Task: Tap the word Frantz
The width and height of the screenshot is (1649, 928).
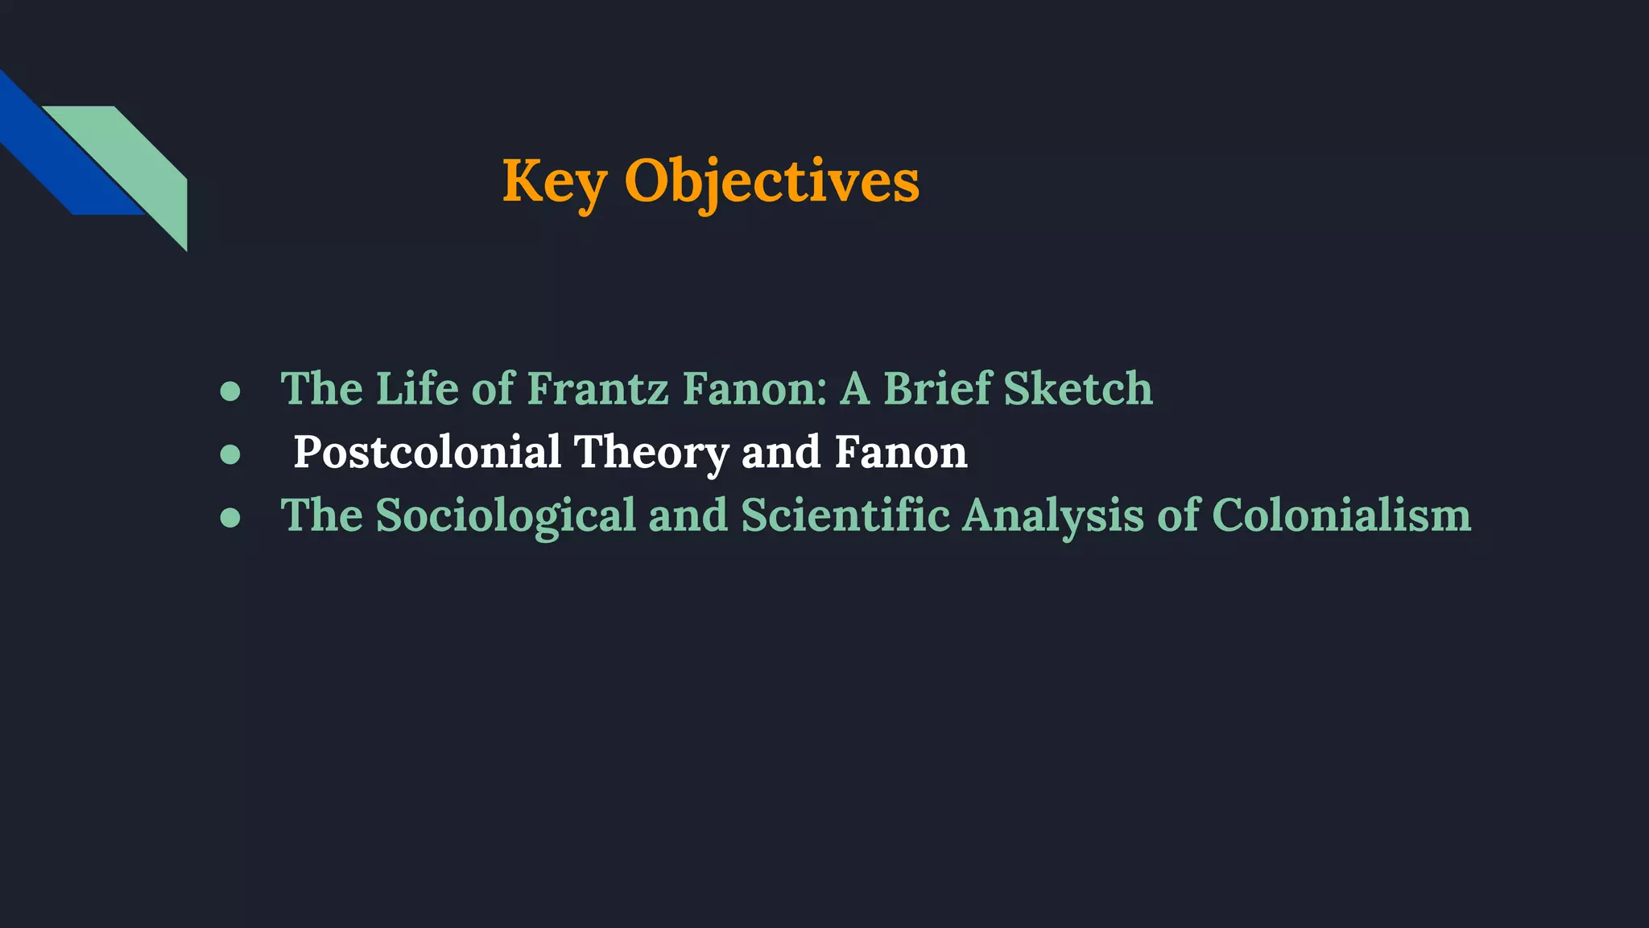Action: [x=597, y=389]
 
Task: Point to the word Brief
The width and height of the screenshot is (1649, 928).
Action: [x=937, y=389]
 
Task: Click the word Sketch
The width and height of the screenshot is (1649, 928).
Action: [x=1078, y=389]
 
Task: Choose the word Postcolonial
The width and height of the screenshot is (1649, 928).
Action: [x=427, y=453]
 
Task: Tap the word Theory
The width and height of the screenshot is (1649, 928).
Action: [x=651, y=453]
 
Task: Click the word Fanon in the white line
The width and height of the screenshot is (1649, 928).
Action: [x=900, y=453]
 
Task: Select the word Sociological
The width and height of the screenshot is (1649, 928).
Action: [x=506, y=516]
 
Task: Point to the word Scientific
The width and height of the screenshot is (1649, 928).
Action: [x=845, y=516]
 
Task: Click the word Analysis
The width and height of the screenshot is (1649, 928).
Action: [x=1052, y=516]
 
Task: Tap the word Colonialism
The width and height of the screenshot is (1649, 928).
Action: [x=1341, y=516]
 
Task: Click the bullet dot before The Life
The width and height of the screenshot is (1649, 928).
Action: [x=230, y=391]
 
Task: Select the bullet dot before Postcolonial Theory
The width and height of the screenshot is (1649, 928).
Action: [x=230, y=454]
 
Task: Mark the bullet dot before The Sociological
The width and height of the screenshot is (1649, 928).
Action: [x=230, y=517]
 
